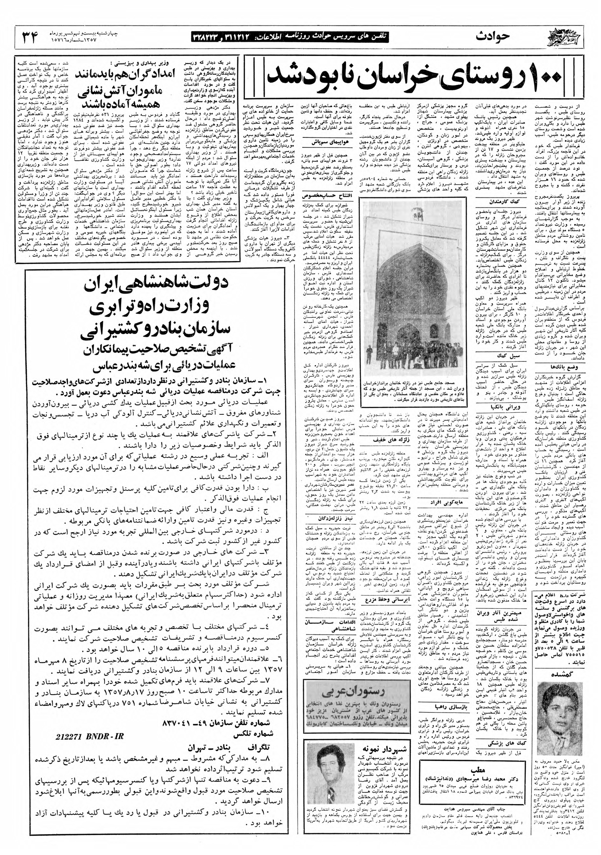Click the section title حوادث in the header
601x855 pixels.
tap(493, 37)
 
